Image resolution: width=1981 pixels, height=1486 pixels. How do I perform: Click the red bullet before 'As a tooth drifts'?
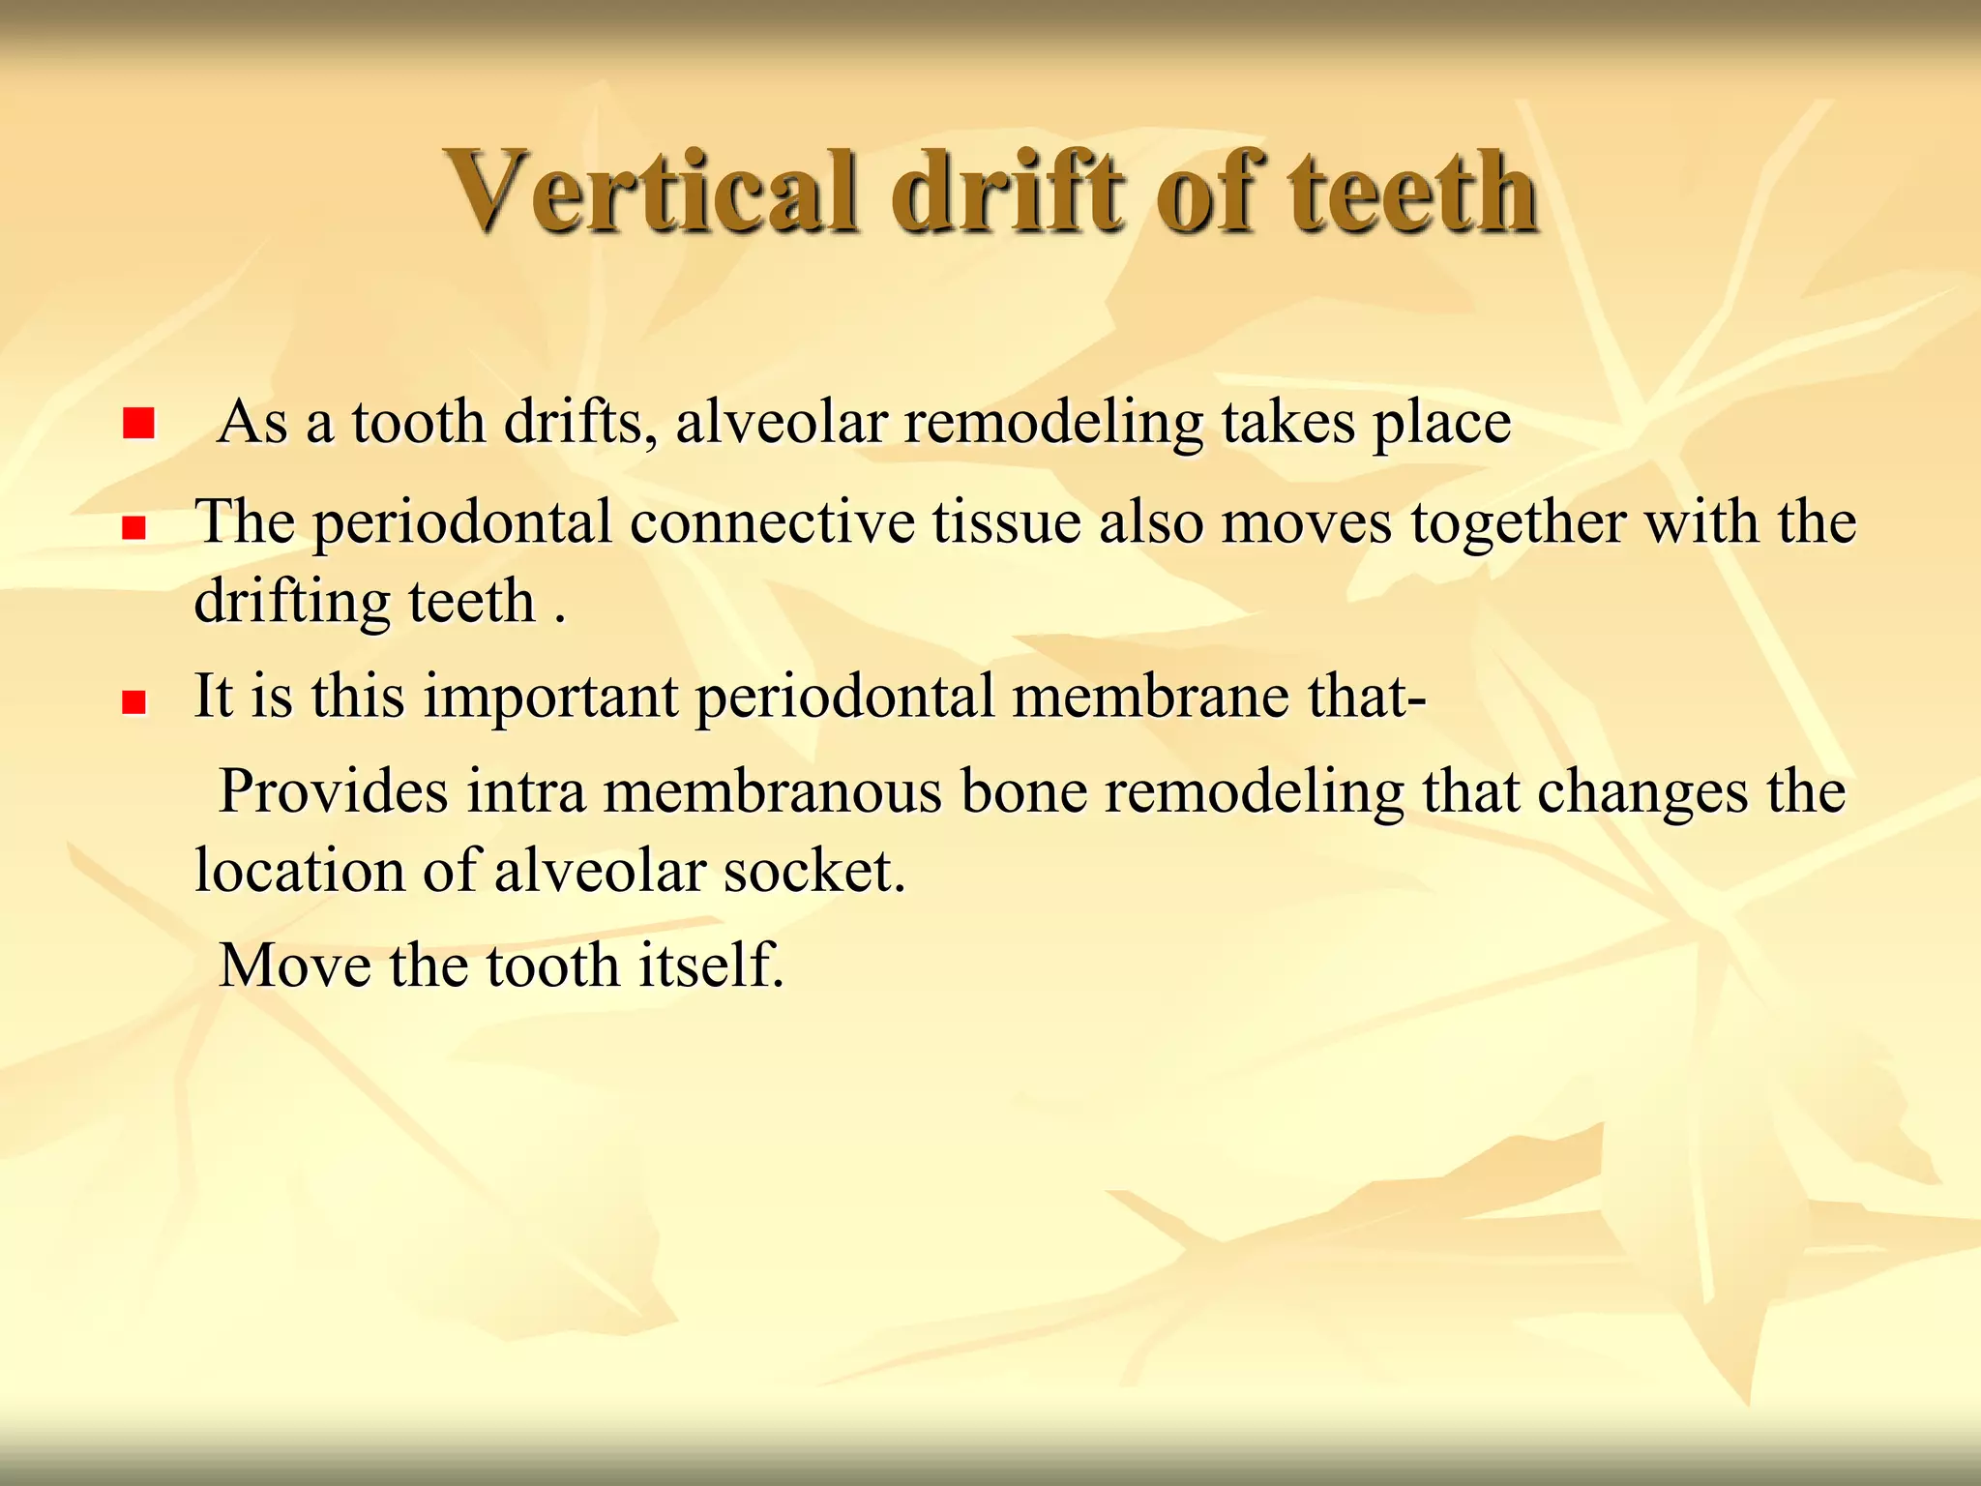(139, 423)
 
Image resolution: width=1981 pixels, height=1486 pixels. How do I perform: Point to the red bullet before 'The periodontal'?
(133, 527)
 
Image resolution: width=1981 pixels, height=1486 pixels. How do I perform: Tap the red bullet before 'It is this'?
(133, 701)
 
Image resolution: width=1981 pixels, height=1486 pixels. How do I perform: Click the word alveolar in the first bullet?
(781, 423)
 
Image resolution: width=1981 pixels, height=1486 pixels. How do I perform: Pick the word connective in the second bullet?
(772, 523)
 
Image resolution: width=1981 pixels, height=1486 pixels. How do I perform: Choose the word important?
(551, 698)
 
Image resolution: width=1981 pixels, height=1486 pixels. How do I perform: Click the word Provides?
(335, 792)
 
